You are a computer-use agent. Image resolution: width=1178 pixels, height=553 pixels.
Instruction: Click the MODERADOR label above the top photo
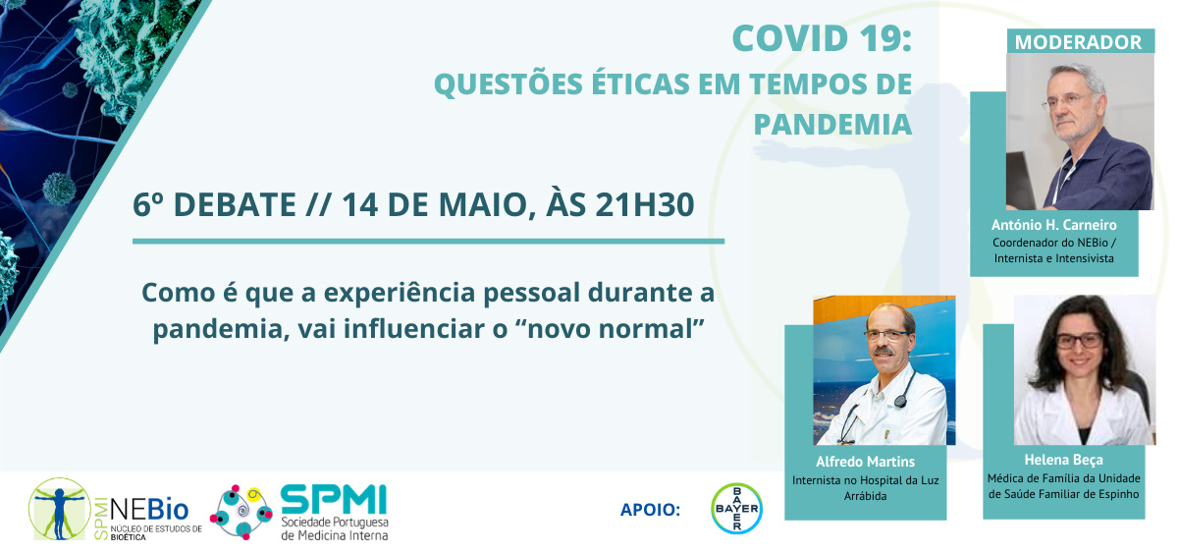coord(1078,42)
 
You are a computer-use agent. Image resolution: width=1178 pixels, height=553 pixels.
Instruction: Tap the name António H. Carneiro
coord(1054,225)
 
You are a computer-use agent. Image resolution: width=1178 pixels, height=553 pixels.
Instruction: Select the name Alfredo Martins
coord(865,462)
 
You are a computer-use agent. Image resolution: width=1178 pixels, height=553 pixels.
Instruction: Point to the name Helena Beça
coord(1063,460)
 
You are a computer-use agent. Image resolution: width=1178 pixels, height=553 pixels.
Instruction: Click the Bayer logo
coord(736,508)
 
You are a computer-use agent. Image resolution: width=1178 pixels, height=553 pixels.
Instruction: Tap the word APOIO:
coord(650,510)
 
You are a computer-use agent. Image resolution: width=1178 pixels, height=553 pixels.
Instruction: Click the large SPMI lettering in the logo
coord(334,499)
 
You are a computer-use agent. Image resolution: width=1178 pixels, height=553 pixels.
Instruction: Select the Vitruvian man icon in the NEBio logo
coord(60,509)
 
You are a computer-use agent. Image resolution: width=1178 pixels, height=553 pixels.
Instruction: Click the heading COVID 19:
coord(822,38)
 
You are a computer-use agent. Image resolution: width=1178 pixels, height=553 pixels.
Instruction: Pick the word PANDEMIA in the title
coord(832,124)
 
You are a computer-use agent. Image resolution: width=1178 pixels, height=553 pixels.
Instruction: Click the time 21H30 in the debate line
coord(645,204)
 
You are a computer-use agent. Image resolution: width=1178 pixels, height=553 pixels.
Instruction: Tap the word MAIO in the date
coord(483,204)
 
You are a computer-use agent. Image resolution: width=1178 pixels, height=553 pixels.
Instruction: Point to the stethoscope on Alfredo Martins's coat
coord(873,405)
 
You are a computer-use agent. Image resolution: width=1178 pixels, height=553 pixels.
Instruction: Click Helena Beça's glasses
coord(1078,341)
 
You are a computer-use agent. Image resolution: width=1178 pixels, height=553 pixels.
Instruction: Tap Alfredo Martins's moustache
coord(884,350)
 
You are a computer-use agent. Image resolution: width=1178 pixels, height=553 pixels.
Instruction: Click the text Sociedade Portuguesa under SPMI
coord(335,523)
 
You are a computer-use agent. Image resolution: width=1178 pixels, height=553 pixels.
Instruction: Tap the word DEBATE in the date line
coord(235,204)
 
